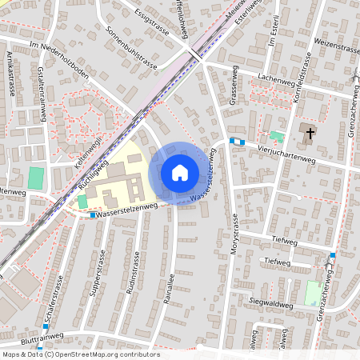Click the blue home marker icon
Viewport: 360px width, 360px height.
[x=180, y=173]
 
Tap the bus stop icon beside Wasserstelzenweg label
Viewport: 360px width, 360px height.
[x=93, y=214]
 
